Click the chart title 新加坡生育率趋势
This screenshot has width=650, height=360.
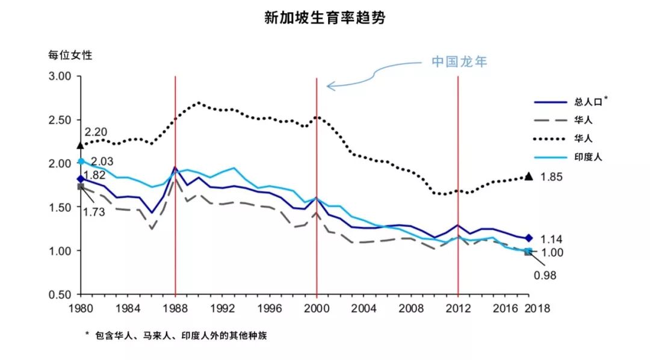click(x=324, y=18)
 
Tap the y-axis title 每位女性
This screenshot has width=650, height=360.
click(x=70, y=55)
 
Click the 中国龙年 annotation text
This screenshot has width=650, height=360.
click(x=458, y=62)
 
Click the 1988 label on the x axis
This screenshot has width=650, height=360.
click(x=175, y=308)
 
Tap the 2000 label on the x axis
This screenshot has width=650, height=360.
click(x=317, y=308)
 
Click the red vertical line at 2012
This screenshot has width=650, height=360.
click(x=458, y=181)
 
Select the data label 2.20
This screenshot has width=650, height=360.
click(x=96, y=131)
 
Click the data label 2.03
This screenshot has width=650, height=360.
click(x=102, y=161)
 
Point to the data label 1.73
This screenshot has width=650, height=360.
click(x=95, y=213)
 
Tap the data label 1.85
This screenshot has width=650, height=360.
click(x=552, y=176)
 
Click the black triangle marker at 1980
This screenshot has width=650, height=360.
click(x=81, y=145)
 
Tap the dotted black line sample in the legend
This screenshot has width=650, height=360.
click(x=551, y=138)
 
